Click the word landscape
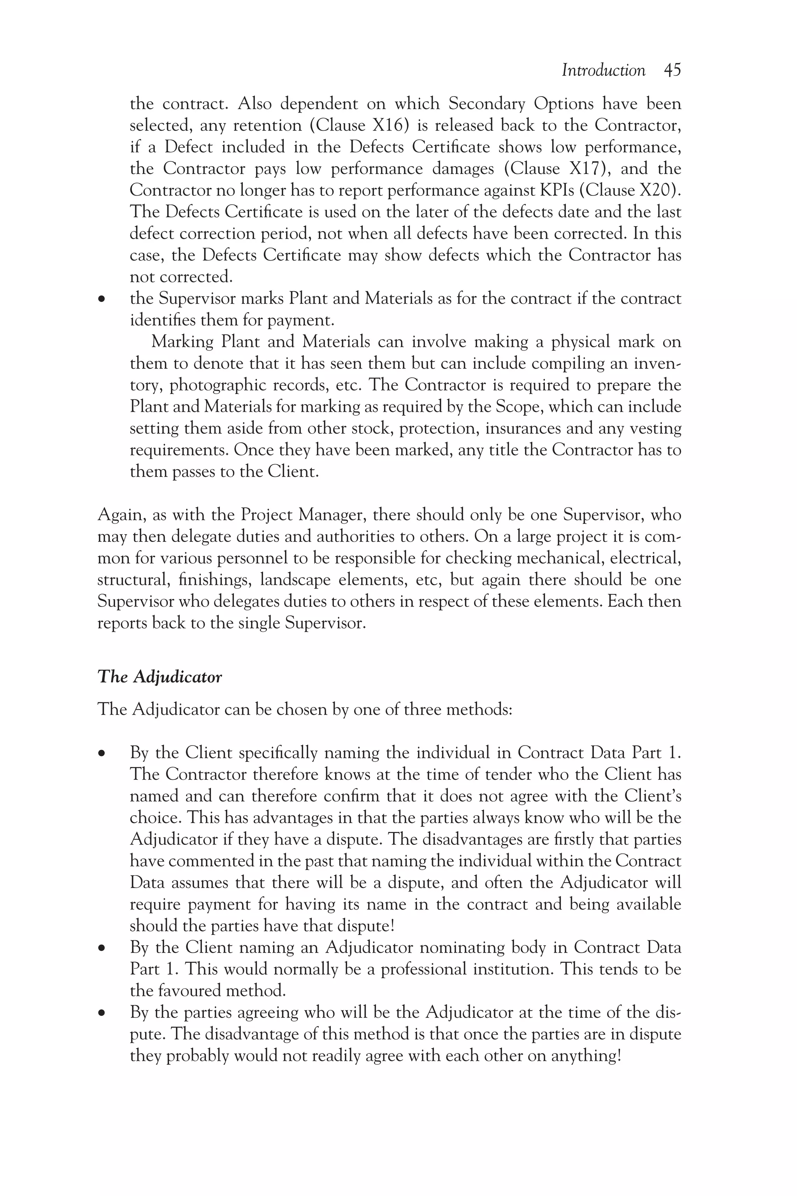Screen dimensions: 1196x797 coord(295,580)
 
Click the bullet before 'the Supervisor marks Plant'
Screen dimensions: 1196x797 coord(103,299)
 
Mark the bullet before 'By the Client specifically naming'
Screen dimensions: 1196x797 coord(103,754)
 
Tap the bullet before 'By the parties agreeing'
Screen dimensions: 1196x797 coord(103,1013)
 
